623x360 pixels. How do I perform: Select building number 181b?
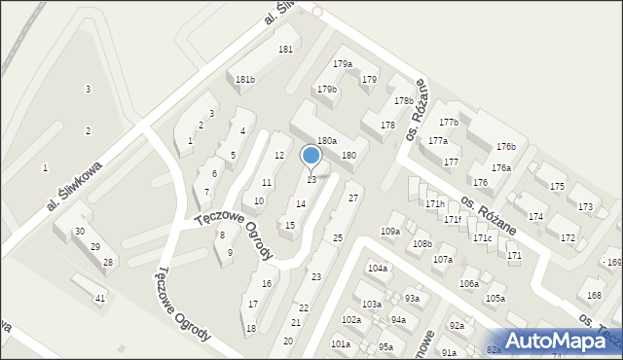coord(245,80)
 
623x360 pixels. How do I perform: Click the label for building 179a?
coord(342,64)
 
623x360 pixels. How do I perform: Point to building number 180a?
coord(326,141)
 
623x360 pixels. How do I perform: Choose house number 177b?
coord(448,123)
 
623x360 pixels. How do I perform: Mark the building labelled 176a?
coord(500,168)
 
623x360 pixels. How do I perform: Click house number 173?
coord(585,207)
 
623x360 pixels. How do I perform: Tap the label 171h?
coord(435,204)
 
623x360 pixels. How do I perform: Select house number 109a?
coord(389,232)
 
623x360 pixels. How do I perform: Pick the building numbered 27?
coord(354,198)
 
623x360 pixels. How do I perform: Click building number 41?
coord(100,299)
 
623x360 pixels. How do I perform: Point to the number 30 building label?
coord(80,232)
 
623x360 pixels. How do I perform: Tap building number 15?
coord(290,226)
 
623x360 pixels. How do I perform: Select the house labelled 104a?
coord(377,268)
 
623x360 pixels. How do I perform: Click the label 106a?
coord(469,283)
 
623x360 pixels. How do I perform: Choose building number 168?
coord(594,296)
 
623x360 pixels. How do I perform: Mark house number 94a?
coord(398,320)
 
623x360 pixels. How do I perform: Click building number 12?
coord(278,156)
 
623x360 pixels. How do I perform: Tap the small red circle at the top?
coord(317,12)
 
